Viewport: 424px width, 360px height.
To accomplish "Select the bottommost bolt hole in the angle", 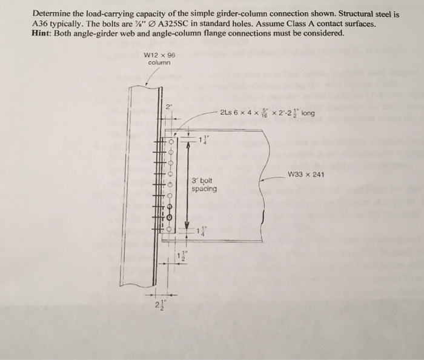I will click(171, 230).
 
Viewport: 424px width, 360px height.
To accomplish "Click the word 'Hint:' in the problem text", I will click(44, 33).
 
